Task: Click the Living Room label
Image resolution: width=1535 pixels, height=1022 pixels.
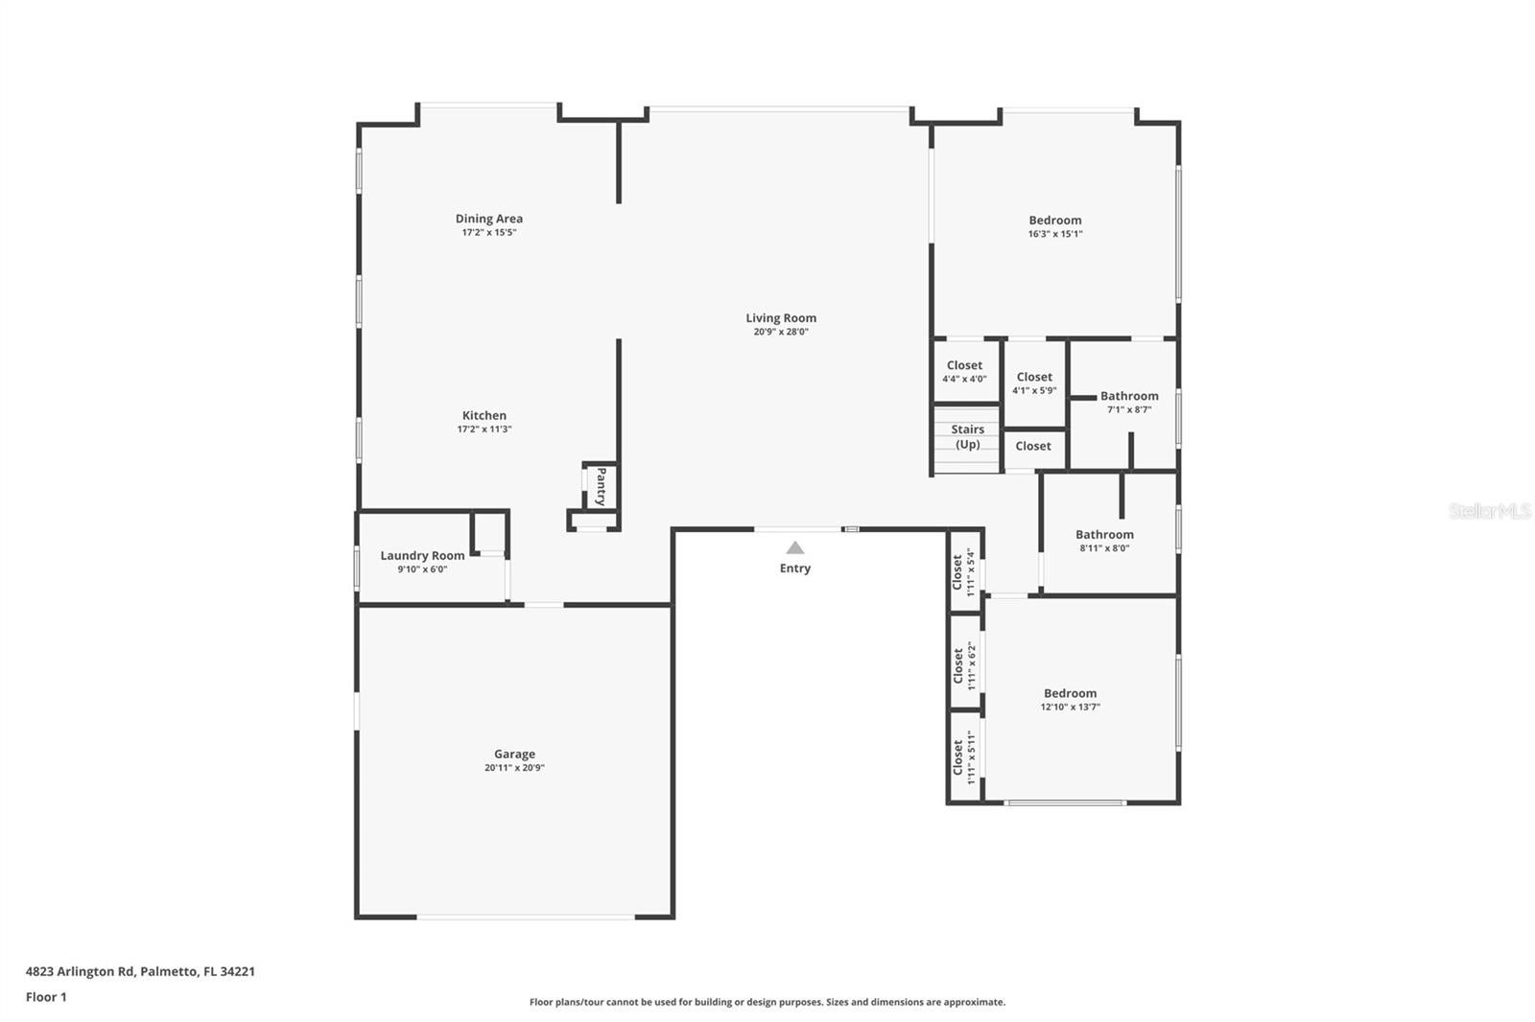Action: coord(781,318)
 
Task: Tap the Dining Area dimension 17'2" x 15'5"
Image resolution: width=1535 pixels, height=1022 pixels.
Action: coord(489,233)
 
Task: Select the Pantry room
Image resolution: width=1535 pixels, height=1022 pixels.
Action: coord(601,486)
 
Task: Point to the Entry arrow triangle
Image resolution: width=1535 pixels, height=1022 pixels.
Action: coord(794,548)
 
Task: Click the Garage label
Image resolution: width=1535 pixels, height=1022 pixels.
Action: coord(514,755)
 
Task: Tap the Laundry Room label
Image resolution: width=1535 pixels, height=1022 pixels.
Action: coord(422,555)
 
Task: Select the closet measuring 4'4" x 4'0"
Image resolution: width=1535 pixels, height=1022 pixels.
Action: coord(964,372)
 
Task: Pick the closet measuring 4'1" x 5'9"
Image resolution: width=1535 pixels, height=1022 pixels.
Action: coord(1034,383)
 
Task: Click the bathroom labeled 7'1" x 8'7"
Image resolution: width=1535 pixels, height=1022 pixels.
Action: coord(1129,402)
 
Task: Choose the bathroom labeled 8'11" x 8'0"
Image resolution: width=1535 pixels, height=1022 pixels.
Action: coord(1104,541)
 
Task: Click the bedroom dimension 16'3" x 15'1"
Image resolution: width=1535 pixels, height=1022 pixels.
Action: coord(1055,234)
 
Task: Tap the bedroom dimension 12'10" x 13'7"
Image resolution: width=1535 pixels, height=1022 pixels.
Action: coord(1070,708)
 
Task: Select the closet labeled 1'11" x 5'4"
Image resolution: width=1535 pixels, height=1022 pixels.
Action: coord(963,572)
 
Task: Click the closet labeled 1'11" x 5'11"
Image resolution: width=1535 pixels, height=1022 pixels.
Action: coord(964,757)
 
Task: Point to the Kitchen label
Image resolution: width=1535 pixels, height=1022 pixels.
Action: coord(484,416)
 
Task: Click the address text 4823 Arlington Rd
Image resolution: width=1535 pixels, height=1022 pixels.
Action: coord(81,971)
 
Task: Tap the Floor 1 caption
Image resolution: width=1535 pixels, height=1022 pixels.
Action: coord(46,997)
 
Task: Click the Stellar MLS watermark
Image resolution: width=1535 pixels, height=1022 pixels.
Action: coord(1489,511)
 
